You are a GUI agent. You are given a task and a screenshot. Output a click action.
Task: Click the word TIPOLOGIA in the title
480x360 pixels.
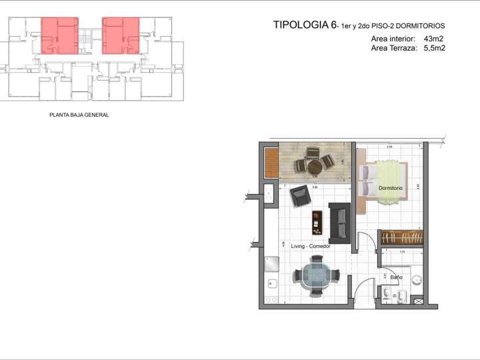(x=301, y=25)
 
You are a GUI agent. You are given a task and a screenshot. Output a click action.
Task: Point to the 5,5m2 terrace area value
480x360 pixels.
(x=434, y=48)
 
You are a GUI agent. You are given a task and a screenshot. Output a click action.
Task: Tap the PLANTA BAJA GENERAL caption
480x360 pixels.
(x=79, y=115)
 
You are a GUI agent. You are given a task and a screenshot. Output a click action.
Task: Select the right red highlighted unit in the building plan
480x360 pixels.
(x=121, y=35)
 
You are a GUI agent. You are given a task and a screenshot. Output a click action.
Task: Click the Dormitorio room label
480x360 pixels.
(x=391, y=188)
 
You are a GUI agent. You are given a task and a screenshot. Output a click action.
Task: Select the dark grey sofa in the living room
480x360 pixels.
(x=339, y=222)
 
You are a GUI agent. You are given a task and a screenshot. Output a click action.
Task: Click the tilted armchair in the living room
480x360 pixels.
(x=300, y=196)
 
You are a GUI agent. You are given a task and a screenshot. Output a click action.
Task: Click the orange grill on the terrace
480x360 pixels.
(x=271, y=162)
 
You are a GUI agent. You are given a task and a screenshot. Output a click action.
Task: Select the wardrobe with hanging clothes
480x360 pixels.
(x=402, y=237)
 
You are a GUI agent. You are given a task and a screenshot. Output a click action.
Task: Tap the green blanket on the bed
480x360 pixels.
(x=389, y=179)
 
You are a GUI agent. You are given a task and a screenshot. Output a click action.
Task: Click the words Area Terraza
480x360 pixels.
(x=393, y=48)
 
